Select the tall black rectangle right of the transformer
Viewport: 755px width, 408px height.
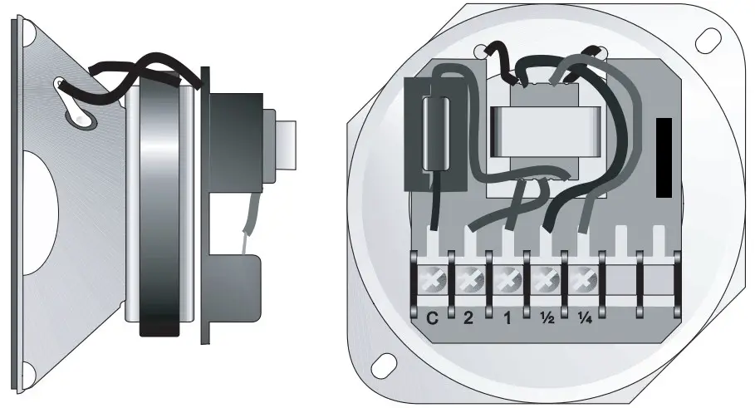coord(664,158)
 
